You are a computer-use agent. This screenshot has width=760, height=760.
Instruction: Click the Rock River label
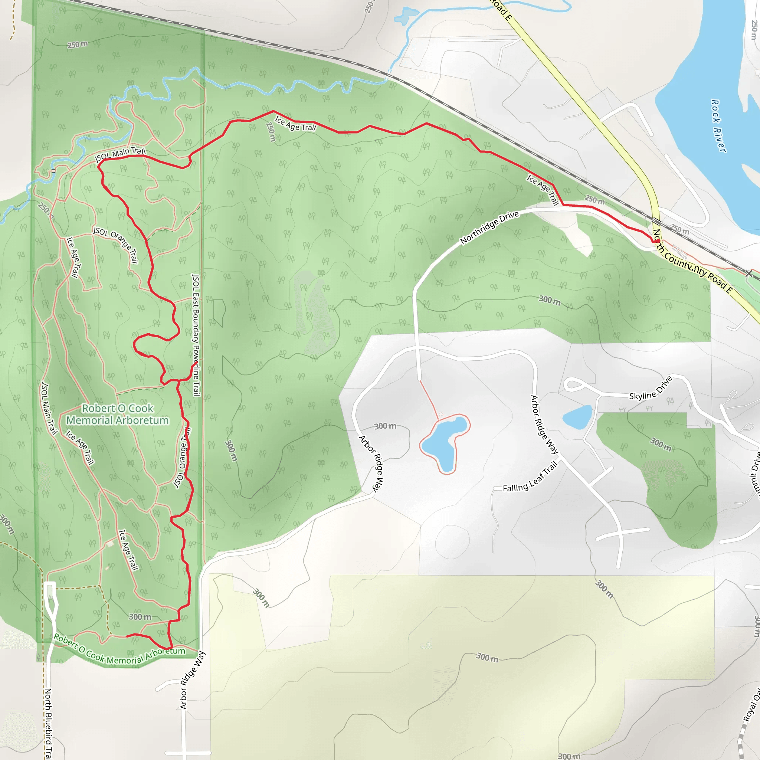coord(718,126)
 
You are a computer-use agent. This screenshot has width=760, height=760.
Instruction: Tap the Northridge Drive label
coord(489,227)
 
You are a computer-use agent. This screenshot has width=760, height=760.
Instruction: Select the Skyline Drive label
coord(651,388)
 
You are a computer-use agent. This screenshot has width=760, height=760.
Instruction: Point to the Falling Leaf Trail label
coord(530,477)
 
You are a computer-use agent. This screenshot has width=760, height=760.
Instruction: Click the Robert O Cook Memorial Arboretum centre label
coord(117,414)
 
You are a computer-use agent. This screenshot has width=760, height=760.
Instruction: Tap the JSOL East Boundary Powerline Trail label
coord(196,335)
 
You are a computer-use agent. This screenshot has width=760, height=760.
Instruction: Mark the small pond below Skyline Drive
coord(577,417)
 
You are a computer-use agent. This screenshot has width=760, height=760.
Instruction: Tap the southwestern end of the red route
coord(127,636)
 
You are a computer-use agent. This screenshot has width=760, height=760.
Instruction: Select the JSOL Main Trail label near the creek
coord(120,154)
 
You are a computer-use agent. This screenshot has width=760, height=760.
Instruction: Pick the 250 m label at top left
coord(78,45)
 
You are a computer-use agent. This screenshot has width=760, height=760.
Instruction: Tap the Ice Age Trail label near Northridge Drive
coord(543,190)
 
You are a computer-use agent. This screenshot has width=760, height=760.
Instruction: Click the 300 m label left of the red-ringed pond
coord(385,426)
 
